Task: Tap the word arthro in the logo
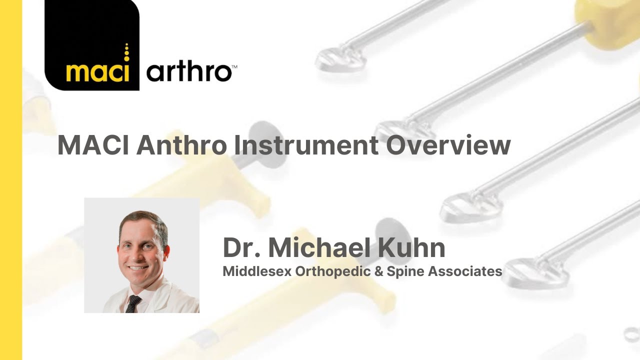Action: click(188, 73)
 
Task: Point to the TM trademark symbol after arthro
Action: click(234, 66)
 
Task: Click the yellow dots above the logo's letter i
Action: click(126, 52)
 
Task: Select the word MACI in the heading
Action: click(93, 145)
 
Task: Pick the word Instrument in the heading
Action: click(306, 145)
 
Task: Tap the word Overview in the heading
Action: click(449, 145)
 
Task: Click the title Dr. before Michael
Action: click(241, 247)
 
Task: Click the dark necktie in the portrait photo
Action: click(132, 303)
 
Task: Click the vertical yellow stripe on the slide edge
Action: click(11, 180)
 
